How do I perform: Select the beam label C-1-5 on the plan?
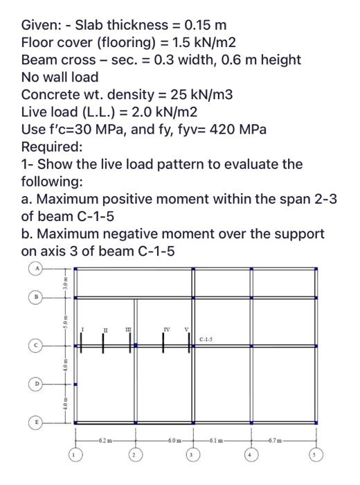[206, 339]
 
